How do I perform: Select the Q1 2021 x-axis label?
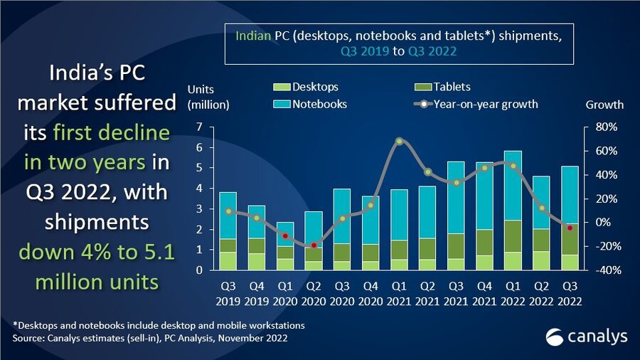[x=399, y=294]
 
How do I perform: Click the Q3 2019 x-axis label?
[x=228, y=294]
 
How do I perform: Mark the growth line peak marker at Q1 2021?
[x=400, y=141]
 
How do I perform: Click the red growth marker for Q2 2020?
[x=314, y=245]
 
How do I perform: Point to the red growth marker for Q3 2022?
[x=570, y=228]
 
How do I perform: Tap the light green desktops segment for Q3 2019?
[x=228, y=261]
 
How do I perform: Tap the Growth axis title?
[x=604, y=105]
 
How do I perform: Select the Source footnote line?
[x=150, y=339]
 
